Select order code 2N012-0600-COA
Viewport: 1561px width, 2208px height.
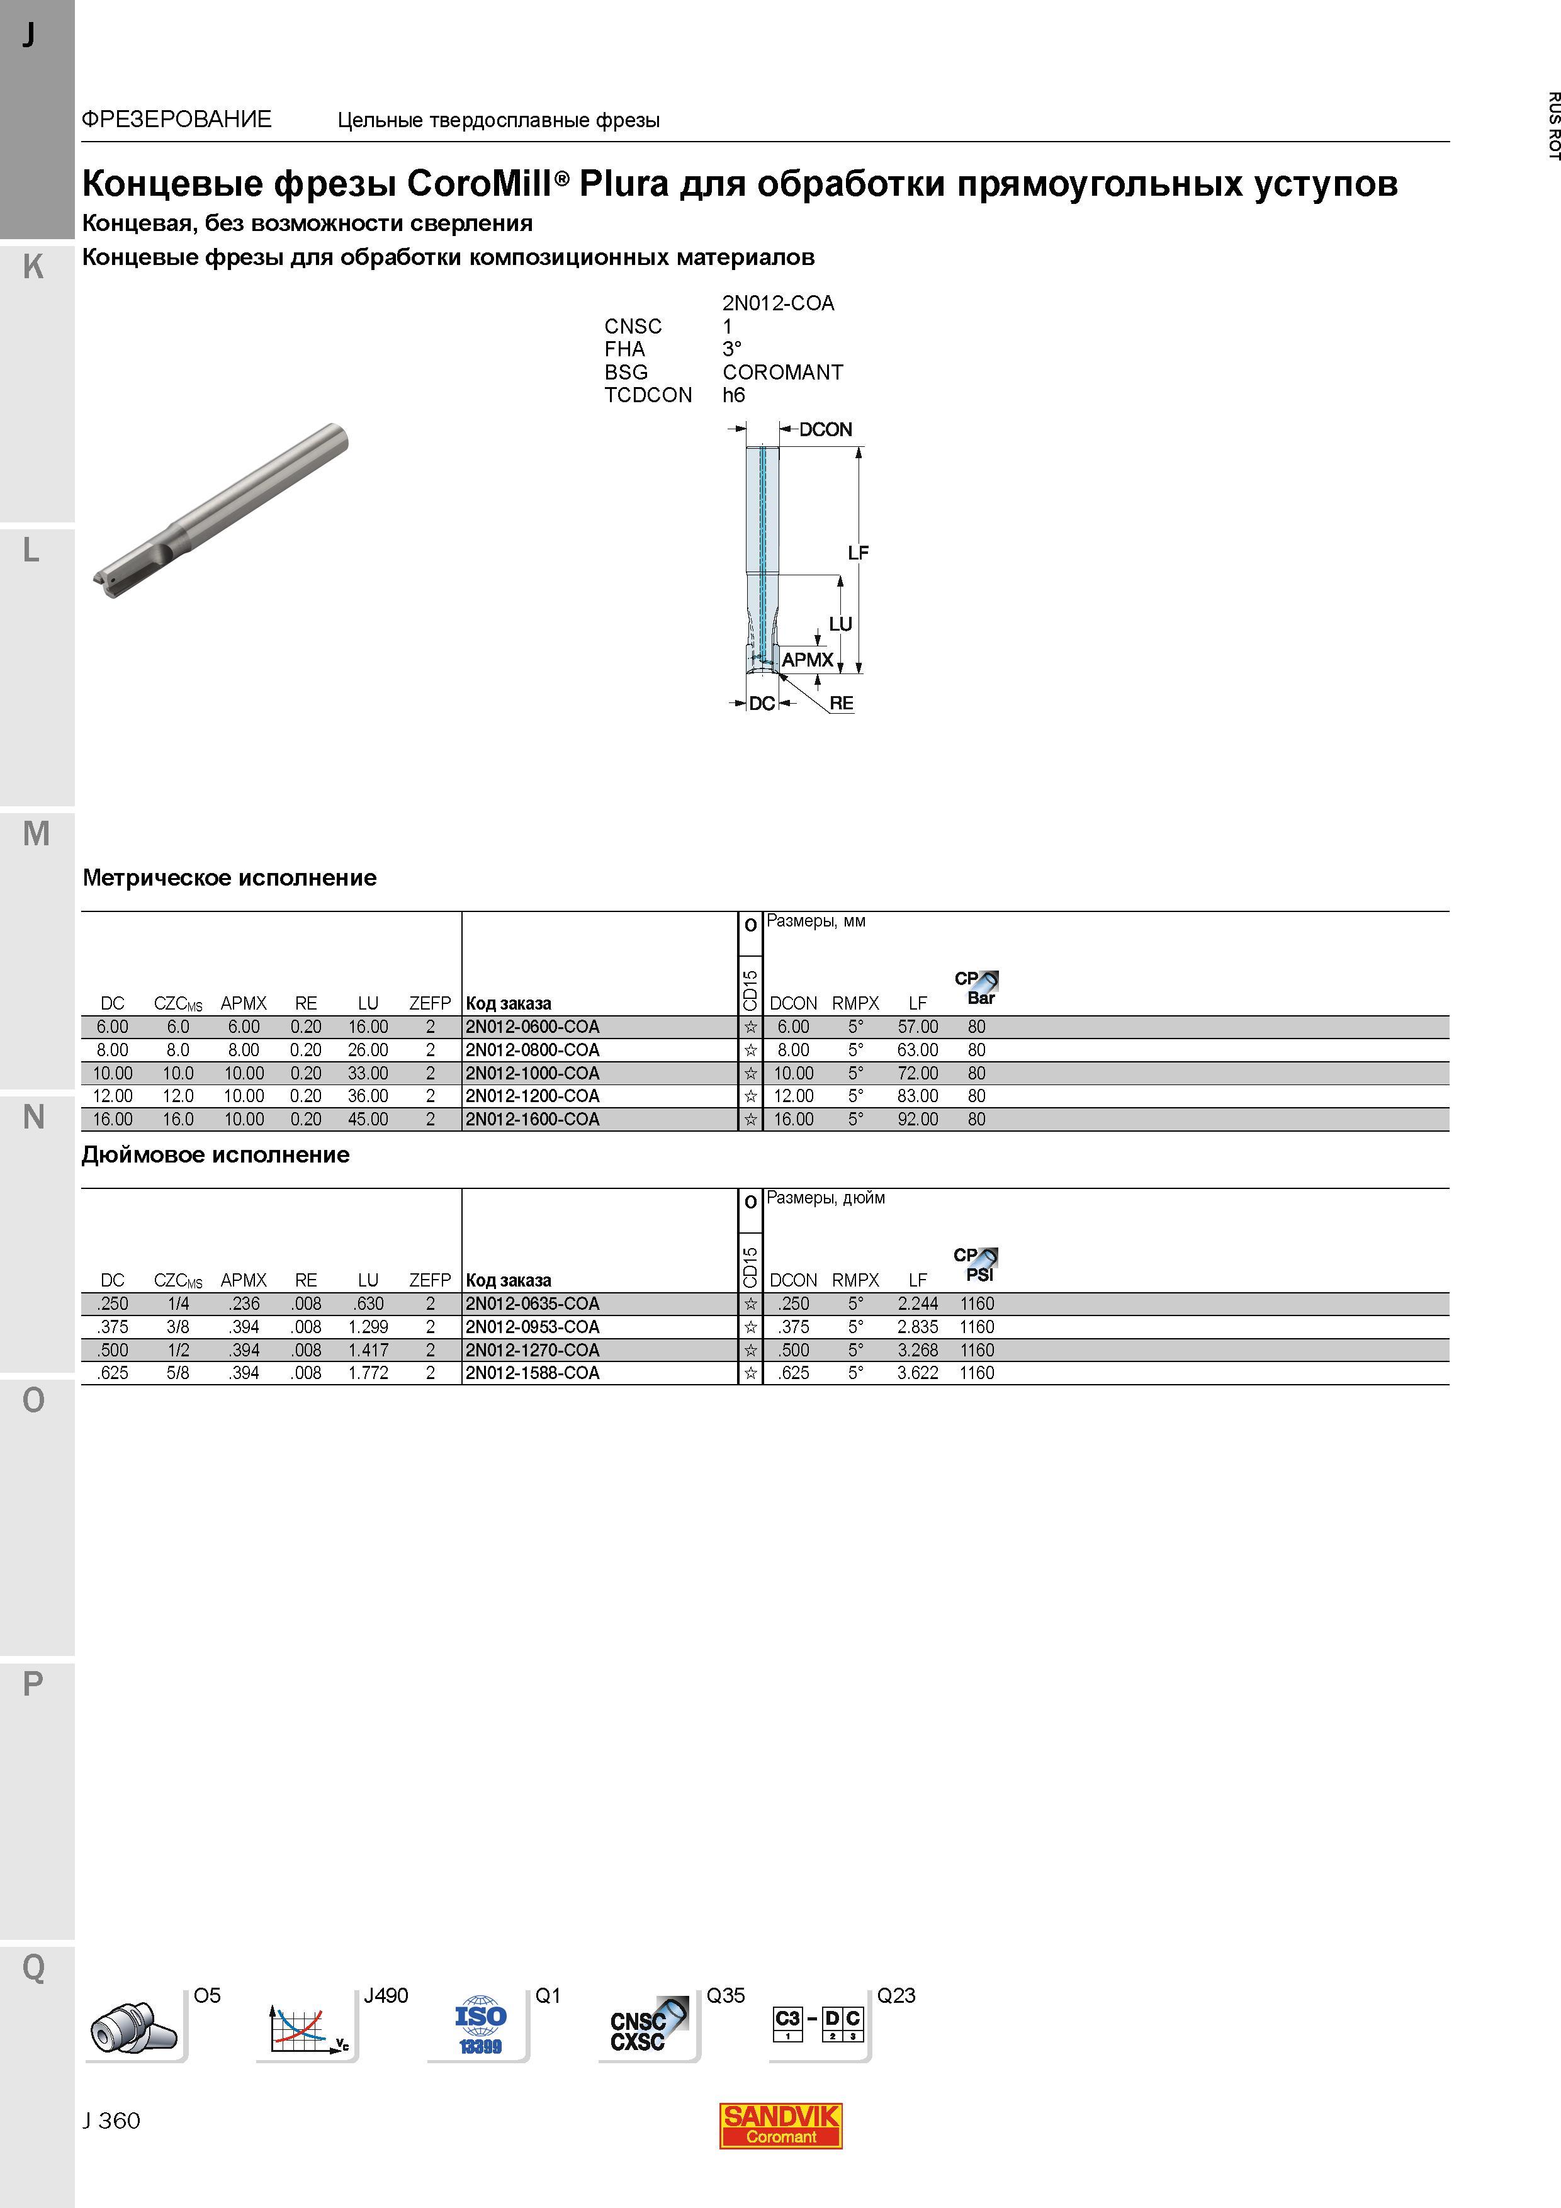(x=532, y=1027)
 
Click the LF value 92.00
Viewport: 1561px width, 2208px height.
(x=918, y=1119)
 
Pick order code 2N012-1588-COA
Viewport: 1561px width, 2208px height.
(x=532, y=1373)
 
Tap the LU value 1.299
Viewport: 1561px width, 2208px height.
(x=368, y=1327)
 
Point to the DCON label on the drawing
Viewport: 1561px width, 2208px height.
(x=825, y=430)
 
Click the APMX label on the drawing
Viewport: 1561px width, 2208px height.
(x=807, y=660)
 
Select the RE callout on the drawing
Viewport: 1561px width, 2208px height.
(x=842, y=703)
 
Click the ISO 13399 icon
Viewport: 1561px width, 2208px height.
(x=480, y=2025)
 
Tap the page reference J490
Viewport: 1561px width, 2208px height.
(x=386, y=1995)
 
